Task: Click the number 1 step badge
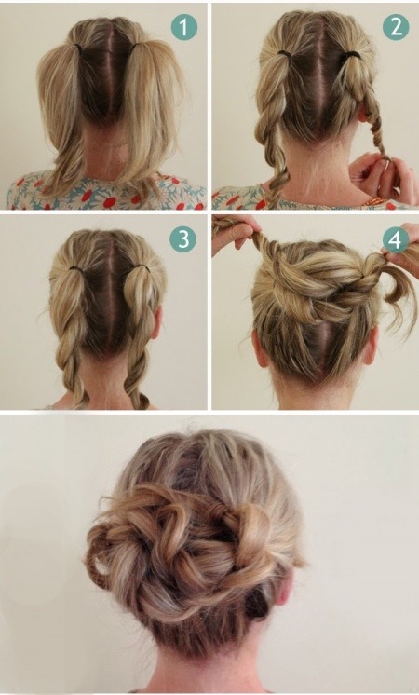tap(183, 27)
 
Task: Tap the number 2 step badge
tap(396, 27)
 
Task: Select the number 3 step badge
tap(182, 239)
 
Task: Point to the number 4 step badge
tap(396, 239)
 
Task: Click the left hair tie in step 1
tap(78, 47)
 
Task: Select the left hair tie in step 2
tap(285, 54)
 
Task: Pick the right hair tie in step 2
tap(353, 54)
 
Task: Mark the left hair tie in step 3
tap(76, 268)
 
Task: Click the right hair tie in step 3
tap(141, 266)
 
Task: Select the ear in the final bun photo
tap(284, 586)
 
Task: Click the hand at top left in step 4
tap(234, 233)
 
